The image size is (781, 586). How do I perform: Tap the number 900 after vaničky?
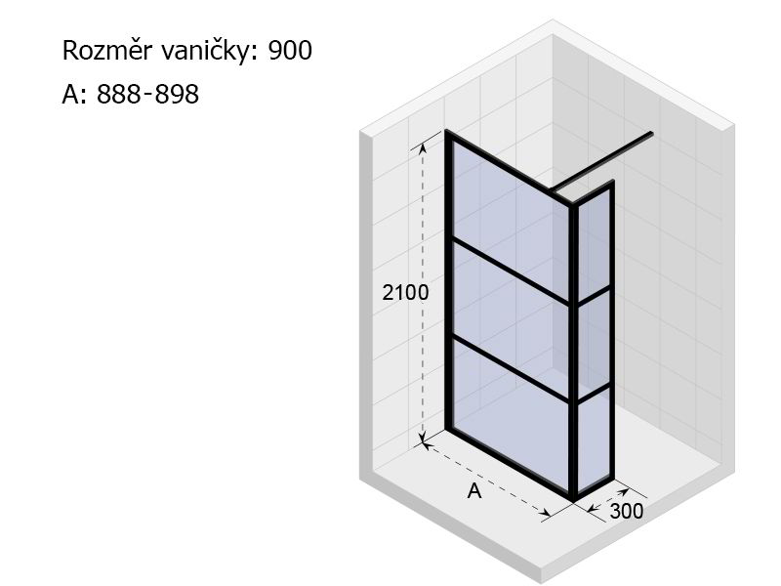pyautogui.click(x=290, y=51)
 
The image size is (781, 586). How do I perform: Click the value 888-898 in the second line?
pyautogui.click(x=147, y=94)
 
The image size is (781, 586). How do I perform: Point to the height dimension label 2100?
pyautogui.click(x=405, y=292)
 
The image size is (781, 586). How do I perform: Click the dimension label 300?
pyautogui.click(x=627, y=511)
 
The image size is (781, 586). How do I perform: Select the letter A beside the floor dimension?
pyautogui.click(x=474, y=491)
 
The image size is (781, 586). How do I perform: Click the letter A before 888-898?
pyautogui.click(x=70, y=94)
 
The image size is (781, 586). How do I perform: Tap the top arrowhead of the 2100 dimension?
pyautogui.click(x=423, y=147)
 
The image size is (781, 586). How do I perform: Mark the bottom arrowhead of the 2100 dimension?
pyautogui.click(x=423, y=439)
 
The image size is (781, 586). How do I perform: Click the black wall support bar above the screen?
pyautogui.click(x=601, y=161)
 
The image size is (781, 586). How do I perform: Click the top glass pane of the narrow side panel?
pyautogui.click(x=594, y=244)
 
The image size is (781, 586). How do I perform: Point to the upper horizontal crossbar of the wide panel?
pyautogui.click(x=511, y=272)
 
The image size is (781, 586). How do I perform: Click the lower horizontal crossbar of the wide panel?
pyautogui.click(x=511, y=369)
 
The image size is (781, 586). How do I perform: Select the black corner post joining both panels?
pyautogui.click(x=574, y=352)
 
